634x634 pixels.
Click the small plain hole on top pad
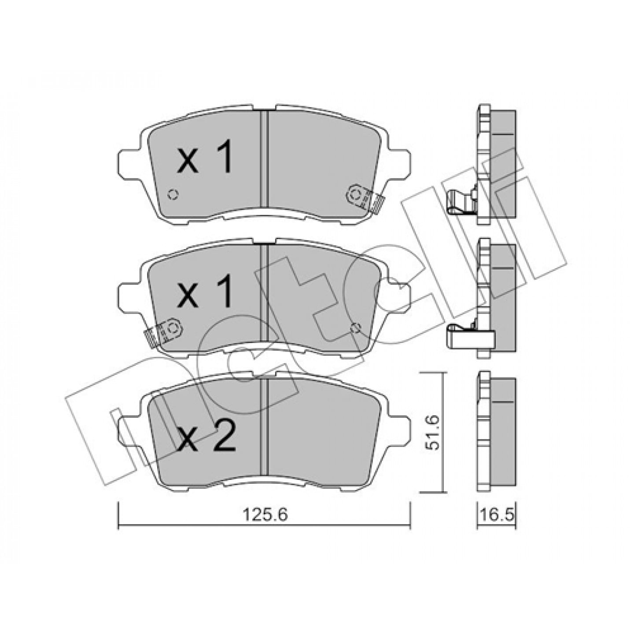point(173,195)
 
